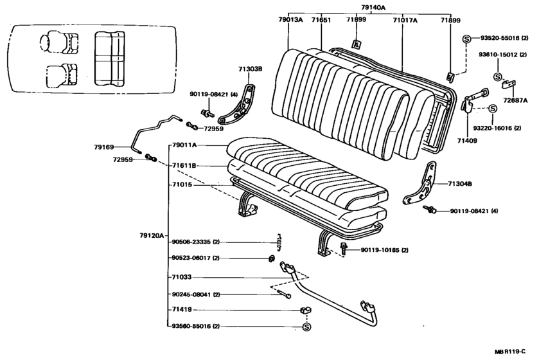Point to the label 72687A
coord(515,100)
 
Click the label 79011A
coord(185,146)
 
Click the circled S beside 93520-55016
coord(466,39)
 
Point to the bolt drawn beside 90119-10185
coord(345,249)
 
